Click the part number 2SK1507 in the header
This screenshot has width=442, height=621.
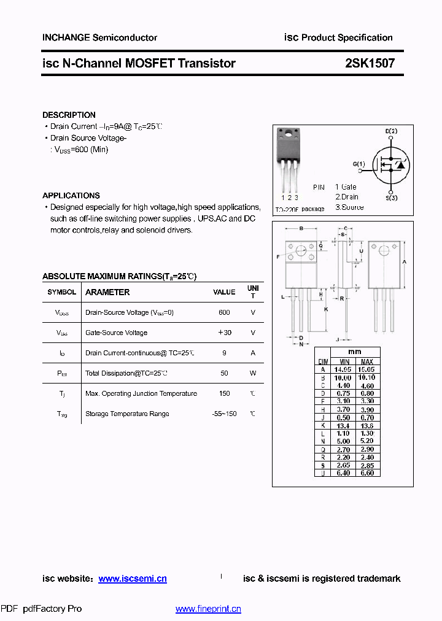click(370, 63)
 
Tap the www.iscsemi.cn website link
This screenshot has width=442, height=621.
click(133, 579)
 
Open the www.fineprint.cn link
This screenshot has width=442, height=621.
click(208, 609)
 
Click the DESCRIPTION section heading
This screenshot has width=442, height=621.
click(69, 115)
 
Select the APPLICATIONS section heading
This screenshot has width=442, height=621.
click(71, 195)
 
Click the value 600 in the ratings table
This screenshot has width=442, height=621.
click(224, 312)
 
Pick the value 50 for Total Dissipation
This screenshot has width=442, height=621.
click(224, 373)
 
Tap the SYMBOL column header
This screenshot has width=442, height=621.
click(62, 292)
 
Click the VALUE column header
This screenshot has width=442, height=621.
click(224, 292)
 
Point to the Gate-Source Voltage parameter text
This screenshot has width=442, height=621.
click(116, 333)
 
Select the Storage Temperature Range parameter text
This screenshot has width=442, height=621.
click(127, 414)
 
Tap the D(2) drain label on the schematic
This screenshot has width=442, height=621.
click(391, 131)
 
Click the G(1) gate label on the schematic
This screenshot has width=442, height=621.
click(359, 164)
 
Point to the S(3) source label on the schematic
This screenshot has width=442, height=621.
click(392, 198)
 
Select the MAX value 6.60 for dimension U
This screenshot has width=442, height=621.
click(366, 472)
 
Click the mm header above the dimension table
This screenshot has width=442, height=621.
click(355, 352)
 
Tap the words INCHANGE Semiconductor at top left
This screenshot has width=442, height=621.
click(99, 37)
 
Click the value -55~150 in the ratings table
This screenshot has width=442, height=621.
click(224, 414)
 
